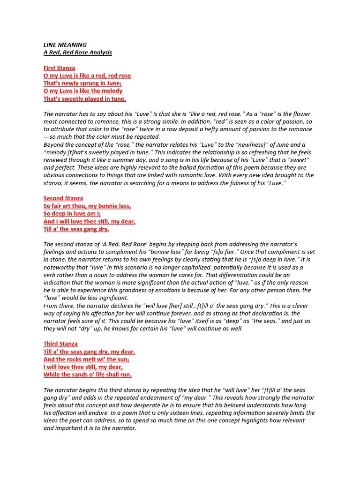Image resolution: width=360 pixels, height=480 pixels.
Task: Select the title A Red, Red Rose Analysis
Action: coord(78,52)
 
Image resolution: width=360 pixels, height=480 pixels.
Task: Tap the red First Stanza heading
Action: coord(59,68)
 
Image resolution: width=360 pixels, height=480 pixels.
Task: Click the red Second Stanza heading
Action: coord(63,198)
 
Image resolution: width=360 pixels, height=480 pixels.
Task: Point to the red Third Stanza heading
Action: coord(60,344)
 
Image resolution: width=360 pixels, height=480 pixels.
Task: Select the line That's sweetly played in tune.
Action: coord(85,99)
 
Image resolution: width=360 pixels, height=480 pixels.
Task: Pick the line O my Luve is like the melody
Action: coord(83,91)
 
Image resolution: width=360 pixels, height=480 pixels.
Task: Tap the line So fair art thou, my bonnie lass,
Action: coord(87,206)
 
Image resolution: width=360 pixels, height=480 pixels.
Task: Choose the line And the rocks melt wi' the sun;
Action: coord(86,359)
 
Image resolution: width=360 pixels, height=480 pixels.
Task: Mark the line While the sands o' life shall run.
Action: coord(88,375)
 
